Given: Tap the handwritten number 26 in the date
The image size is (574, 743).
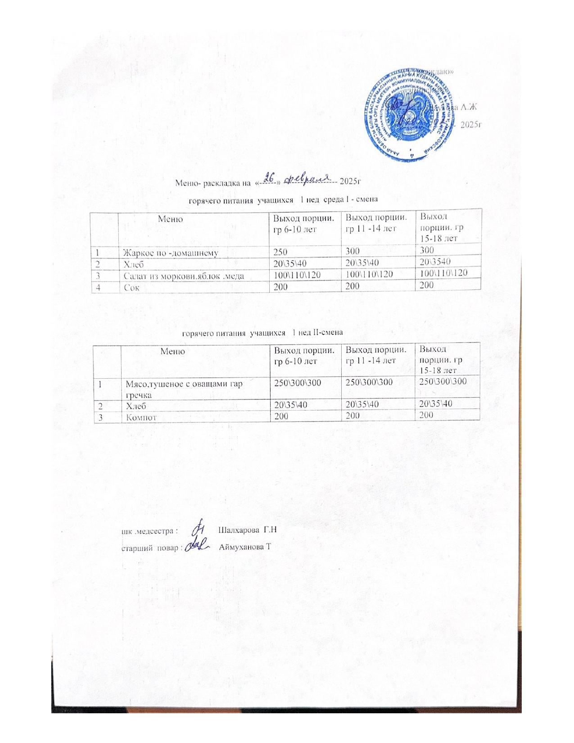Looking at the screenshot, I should [269, 178].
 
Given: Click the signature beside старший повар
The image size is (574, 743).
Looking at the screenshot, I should [199, 546].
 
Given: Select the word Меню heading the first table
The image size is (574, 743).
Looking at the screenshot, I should [171, 219].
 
